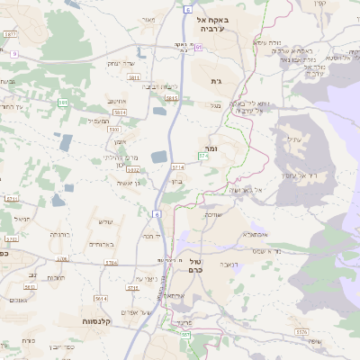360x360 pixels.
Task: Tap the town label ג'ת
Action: (x=216, y=82)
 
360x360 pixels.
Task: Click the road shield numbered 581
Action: (x=63, y=103)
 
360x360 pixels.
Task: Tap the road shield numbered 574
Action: (x=203, y=157)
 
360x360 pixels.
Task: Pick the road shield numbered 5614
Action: (x=101, y=298)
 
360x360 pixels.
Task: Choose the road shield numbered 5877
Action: (x=11, y=34)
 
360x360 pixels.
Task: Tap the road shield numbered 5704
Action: (x=111, y=262)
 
